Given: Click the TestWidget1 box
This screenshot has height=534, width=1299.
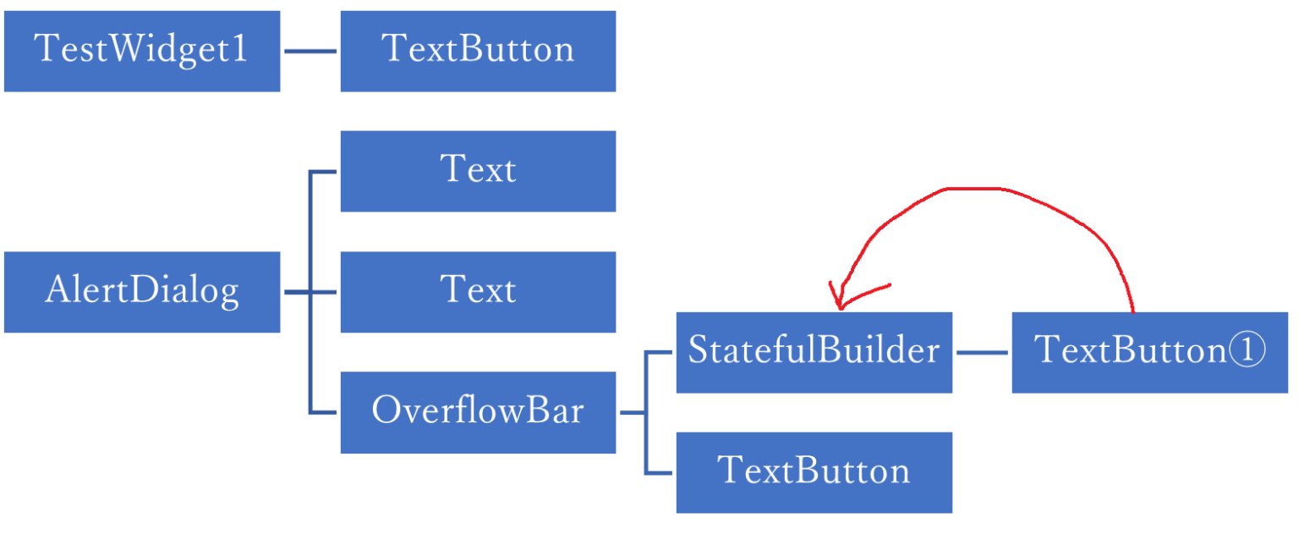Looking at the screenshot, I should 142,51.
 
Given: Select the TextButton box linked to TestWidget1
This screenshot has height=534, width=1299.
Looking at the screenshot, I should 478,51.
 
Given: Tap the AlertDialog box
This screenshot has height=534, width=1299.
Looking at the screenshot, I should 142,292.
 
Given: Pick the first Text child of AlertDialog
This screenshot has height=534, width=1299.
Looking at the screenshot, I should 478,171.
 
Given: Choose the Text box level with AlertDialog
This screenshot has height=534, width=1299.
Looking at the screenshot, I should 478,292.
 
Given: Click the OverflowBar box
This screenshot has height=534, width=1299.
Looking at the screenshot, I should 478,412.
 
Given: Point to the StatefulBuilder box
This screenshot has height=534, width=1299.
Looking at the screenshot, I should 814,352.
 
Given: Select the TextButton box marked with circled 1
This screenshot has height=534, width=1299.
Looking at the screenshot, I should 1149,352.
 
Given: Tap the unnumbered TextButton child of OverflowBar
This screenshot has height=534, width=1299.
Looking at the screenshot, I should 814,472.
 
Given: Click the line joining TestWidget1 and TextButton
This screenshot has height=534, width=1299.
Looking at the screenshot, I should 310,51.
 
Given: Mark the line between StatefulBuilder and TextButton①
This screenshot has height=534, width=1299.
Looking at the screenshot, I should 982,352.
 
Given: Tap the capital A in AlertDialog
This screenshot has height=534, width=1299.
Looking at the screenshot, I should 58,291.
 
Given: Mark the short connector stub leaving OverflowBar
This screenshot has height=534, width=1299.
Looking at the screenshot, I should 632,412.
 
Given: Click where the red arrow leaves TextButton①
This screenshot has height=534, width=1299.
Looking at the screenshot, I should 1132,310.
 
